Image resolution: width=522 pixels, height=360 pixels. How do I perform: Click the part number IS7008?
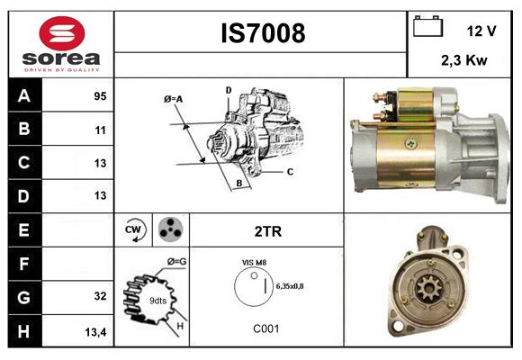263,33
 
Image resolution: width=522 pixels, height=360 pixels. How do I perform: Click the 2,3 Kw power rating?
465,62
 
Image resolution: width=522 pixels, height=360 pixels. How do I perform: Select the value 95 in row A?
99,95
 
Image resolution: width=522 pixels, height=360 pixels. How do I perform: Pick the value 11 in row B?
100,130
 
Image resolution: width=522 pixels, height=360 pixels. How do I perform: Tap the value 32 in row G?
100,295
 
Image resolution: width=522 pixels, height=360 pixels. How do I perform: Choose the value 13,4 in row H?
96,331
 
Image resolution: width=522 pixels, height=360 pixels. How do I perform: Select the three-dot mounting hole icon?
170,230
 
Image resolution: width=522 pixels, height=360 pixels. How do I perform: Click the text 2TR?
267,231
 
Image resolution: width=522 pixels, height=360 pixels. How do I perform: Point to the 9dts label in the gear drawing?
157,300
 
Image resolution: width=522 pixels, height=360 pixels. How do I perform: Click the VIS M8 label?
253,262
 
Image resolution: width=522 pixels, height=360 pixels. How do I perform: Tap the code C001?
266,328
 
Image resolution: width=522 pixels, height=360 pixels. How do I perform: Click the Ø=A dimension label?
174,99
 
